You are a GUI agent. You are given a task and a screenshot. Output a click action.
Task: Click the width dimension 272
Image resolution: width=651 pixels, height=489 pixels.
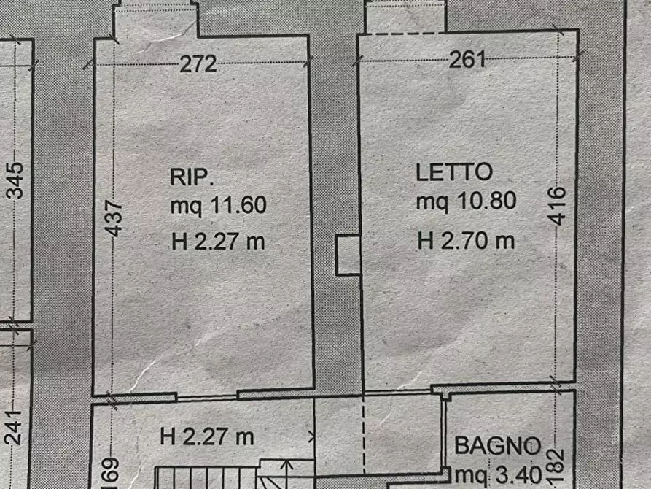click(199, 64)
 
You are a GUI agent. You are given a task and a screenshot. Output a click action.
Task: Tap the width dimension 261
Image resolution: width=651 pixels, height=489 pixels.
click(467, 60)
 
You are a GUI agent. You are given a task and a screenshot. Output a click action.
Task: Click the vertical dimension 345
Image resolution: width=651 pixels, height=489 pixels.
click(15, 180)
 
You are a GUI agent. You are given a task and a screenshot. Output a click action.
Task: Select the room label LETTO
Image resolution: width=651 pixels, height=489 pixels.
click(454, 173)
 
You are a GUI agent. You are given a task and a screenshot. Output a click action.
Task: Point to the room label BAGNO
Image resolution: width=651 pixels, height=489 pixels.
click(498, 444)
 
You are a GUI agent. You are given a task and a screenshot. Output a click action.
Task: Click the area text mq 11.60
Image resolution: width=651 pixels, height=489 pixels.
click(218, 207)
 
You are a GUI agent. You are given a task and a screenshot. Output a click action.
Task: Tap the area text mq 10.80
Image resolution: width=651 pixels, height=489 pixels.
click(466, 201)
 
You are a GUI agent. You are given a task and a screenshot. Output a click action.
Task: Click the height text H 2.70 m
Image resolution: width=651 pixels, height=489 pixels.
click(466, 240)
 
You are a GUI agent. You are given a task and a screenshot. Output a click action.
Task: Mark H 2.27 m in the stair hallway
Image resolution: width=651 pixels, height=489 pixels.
click(206, 437)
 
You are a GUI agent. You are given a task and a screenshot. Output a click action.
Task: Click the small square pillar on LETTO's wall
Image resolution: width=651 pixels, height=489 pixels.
click(348, 255)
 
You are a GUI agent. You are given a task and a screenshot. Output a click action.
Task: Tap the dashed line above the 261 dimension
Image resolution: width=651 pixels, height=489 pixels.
click(405, 34)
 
